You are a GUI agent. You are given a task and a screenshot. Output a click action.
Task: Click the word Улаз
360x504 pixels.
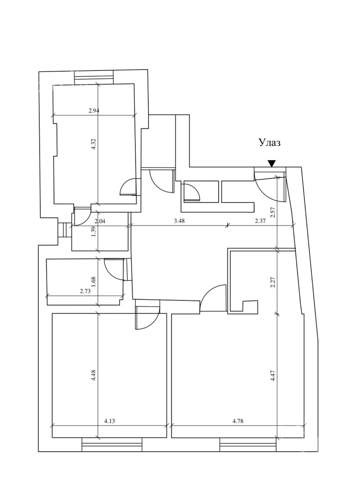coord(270,143)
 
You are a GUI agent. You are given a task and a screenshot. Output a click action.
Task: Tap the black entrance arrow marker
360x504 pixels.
coord(271,163)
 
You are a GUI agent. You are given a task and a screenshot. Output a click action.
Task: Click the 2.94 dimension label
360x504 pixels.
coord(94,111)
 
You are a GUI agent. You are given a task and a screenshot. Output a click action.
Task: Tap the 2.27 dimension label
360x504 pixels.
coord(273,282)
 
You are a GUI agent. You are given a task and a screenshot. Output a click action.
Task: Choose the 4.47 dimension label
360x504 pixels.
coord(273,376)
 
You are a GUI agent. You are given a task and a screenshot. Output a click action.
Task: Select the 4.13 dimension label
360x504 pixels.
coord(109,421)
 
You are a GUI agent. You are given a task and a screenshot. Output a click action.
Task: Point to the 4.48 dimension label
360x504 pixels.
coord(93,376)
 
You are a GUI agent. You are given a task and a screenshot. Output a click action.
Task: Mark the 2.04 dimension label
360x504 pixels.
coord(99,222)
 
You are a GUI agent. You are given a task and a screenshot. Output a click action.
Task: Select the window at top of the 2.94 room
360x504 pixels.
coord(93,77)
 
